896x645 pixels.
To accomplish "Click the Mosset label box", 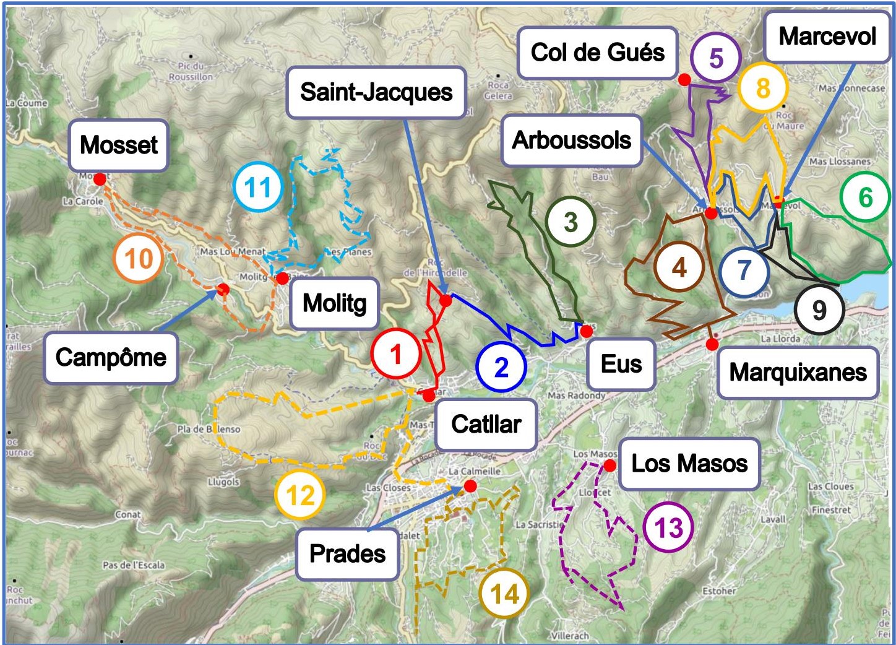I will coord(118,145).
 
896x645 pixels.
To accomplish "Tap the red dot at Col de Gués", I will coord(684,79).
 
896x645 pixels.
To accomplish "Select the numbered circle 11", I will coord(258,187).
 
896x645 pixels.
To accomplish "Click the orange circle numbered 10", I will coord(139,259).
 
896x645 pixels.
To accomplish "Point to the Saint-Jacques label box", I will coord(376,93).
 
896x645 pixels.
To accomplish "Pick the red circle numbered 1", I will coord(396,354).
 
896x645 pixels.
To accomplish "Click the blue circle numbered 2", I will coord(501,367).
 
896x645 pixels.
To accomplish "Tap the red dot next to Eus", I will coord(586,331).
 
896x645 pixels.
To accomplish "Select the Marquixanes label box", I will coord(798,373).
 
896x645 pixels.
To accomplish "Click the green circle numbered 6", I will coord(865,197).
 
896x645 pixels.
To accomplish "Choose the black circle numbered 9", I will coord(819,310).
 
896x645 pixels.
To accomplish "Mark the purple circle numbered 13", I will coord(668,528).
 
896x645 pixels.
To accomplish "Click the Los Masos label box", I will coord(689,464).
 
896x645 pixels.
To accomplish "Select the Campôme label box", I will coord(111,358).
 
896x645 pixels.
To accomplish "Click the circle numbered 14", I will coord(504,594).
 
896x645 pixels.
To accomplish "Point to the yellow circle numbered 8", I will coord(762,88).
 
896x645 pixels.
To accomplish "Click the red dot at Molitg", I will coord(282,279).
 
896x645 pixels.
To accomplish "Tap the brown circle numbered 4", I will coord(679,267).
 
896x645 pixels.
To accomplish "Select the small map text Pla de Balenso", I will coord(209,429).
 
